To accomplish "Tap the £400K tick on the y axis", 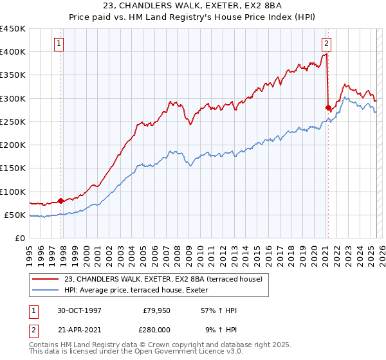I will tap(13, 52).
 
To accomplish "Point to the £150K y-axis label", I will tap(13, 168).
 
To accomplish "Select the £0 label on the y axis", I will tap(20, 239).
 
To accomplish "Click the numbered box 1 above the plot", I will tap(59, 44).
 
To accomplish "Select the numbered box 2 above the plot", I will tap(327, 44).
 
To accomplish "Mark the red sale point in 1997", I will tap(61, 201).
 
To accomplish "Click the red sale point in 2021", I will tap(328, 107).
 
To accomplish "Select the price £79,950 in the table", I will tap(156, 310).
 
